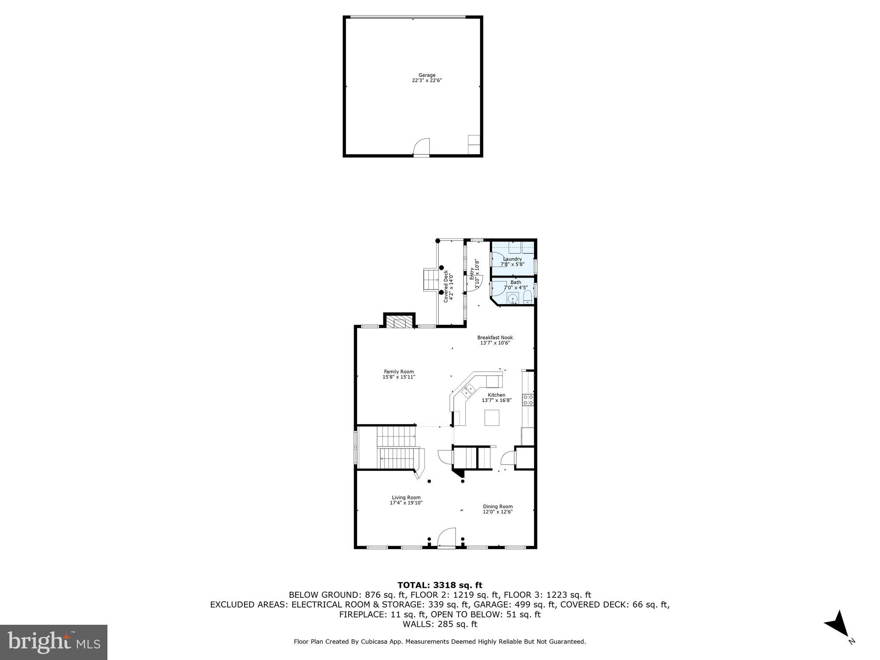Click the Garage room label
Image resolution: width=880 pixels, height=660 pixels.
tap(427, 75)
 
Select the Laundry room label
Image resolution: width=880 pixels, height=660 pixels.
tap(512, 259)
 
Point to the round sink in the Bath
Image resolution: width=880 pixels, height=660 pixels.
tap(512, 298)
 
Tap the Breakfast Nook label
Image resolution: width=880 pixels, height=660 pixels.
tap(495, 338)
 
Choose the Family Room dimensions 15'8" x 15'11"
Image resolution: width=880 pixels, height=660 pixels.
tap(399, 377)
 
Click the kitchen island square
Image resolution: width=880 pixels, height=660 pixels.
tap(492, 418)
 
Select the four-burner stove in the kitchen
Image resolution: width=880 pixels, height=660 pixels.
tap(528, 400)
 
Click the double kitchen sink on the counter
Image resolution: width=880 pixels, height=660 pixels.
tap(468, 391)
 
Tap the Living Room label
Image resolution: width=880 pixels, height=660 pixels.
tap(406, 498)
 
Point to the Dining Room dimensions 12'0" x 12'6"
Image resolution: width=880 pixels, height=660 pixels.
tap(498, 512)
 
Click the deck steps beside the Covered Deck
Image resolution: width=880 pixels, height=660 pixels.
tap(431, 279)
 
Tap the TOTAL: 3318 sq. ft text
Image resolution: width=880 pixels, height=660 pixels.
tap(440, 585)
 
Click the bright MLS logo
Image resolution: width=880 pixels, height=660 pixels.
tap(54, 642)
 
